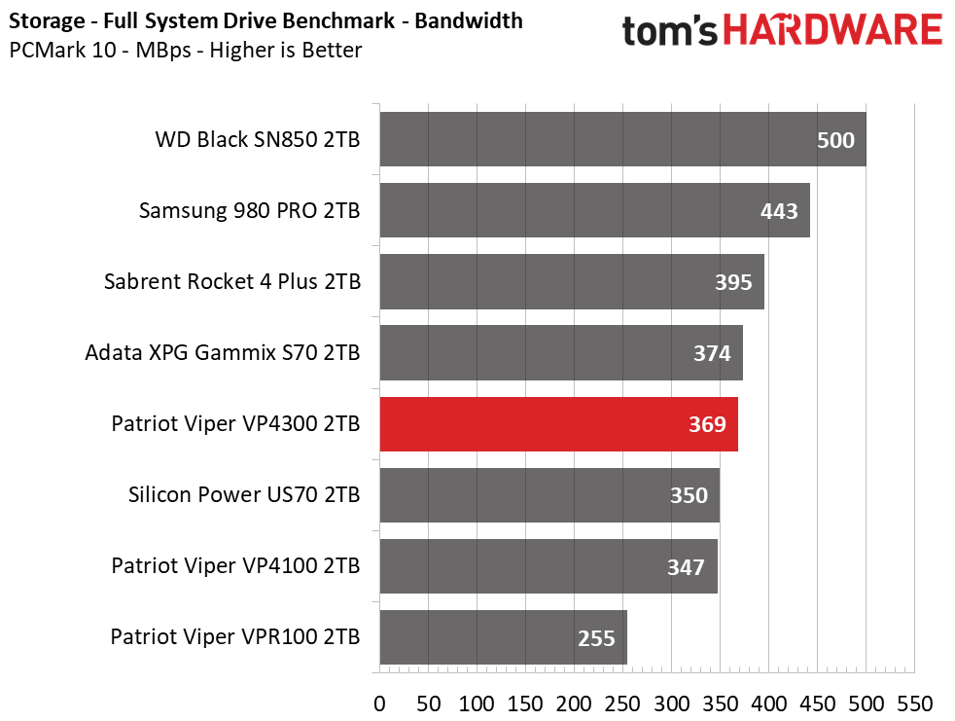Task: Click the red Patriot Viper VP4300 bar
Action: [558, 424]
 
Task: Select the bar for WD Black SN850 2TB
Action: [622, 139]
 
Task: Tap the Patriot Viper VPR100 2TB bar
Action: [503, 637]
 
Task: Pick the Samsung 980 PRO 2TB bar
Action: [594, 210]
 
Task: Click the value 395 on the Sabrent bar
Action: [733, 282]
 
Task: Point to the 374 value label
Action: [712, 353]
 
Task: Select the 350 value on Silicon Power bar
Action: [689, 495]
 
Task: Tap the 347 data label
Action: [686, 567]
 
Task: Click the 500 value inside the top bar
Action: [835, 140]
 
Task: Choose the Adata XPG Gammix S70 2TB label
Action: [223, 353]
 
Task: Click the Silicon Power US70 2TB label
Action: [244, 495]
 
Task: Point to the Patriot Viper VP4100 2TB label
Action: [235, 566]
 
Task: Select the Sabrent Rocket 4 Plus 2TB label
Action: [232, 281]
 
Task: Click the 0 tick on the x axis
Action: [379, 703]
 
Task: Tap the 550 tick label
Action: [915, 703]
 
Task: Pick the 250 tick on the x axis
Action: [622, 703]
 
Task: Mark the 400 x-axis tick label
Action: [768, 703]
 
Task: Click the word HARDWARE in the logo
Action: [833, 30]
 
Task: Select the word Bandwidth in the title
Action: [469, 20]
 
